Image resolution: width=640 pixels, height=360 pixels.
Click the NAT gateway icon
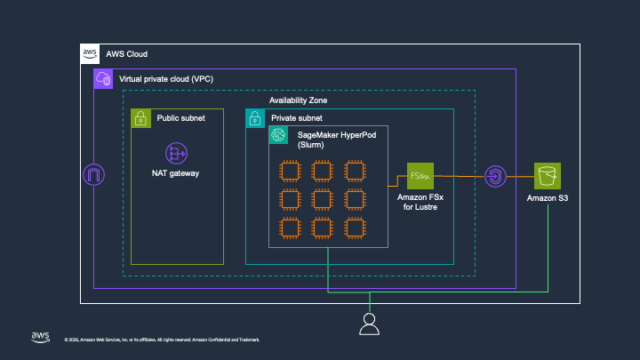174,152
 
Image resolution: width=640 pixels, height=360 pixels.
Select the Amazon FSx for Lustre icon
420,176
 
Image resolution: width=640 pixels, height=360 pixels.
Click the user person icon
369,324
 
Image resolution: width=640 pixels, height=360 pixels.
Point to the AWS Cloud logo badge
90,53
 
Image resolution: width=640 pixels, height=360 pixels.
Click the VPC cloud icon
103,79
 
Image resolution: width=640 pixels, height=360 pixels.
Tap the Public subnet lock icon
140,117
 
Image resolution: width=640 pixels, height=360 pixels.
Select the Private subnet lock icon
255,117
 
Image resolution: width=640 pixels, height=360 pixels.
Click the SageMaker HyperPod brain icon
278,134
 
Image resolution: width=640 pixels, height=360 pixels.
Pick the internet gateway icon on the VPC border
93,175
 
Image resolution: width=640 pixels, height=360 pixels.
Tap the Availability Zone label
298,101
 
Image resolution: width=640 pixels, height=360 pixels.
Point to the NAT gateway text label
174,173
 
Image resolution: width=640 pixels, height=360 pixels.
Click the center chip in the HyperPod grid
322,198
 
